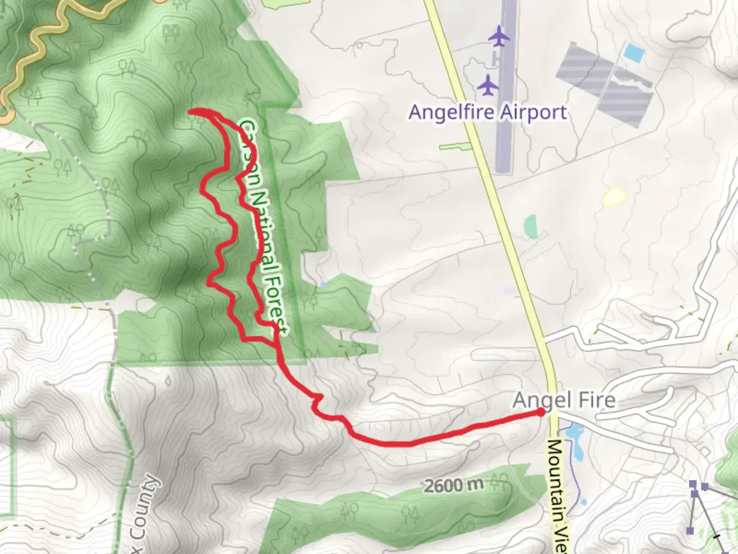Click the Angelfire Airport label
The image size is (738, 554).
click(x=487, y=112)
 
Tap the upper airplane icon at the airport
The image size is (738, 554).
click(x=498, y=36)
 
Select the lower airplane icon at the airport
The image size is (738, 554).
click(x=488, y=84)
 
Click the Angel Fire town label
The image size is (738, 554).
click(x=564, y=400)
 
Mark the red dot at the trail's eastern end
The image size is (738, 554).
click(x=541, y=411)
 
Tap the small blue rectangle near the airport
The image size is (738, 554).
click(x=634, y=52)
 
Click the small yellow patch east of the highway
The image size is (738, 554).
click(x=614, y=196)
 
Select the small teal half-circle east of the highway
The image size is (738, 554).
click(x=530, y=226)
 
